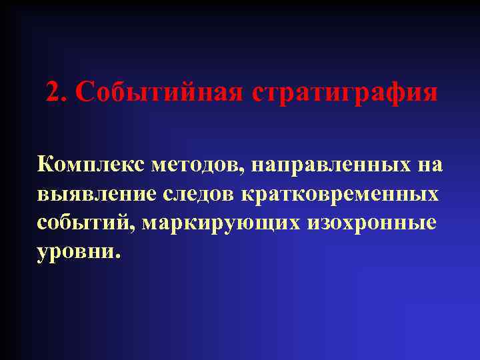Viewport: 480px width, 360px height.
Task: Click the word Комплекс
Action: click(91, 164)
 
